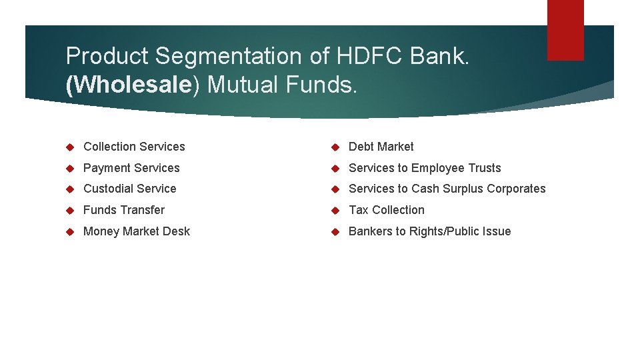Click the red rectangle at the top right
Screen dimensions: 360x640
point(565,29)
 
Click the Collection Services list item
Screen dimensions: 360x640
point(134,147)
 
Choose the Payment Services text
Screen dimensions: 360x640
point(131,168)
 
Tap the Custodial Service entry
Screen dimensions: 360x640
point(129,189)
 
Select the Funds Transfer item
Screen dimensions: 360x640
point(123,210)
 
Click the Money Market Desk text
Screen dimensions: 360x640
point(136,231)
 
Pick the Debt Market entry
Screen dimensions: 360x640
point(381,147)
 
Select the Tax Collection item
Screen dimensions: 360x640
point(386,210)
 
